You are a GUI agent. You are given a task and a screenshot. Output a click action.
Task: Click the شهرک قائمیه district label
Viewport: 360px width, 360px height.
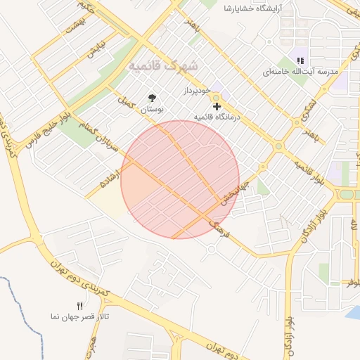click(164, 65)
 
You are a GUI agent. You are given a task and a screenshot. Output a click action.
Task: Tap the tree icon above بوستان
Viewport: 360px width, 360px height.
click(152, 98)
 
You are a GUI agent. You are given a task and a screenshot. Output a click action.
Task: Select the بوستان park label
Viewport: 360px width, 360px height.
click(151, 110)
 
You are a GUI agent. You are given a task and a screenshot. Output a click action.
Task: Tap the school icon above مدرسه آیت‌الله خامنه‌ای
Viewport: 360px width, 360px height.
click(301, 61)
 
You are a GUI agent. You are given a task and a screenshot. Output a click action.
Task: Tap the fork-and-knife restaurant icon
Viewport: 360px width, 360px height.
click(79, 306)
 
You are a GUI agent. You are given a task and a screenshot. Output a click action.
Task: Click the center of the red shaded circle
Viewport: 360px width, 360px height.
click(180, 179)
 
